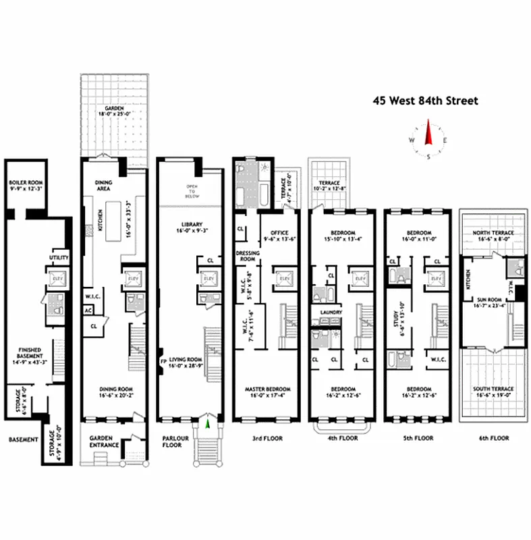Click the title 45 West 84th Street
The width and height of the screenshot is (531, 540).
pos(426,101)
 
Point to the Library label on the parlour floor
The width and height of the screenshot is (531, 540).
pos(192,225)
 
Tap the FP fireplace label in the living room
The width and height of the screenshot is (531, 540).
pos(163,360)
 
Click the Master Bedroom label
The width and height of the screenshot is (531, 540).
pos(267,389)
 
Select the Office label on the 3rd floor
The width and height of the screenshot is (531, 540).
pos(279,233)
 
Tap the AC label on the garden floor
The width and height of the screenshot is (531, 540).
pos(88,311)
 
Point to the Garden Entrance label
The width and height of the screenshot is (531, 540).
pos(105,441)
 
